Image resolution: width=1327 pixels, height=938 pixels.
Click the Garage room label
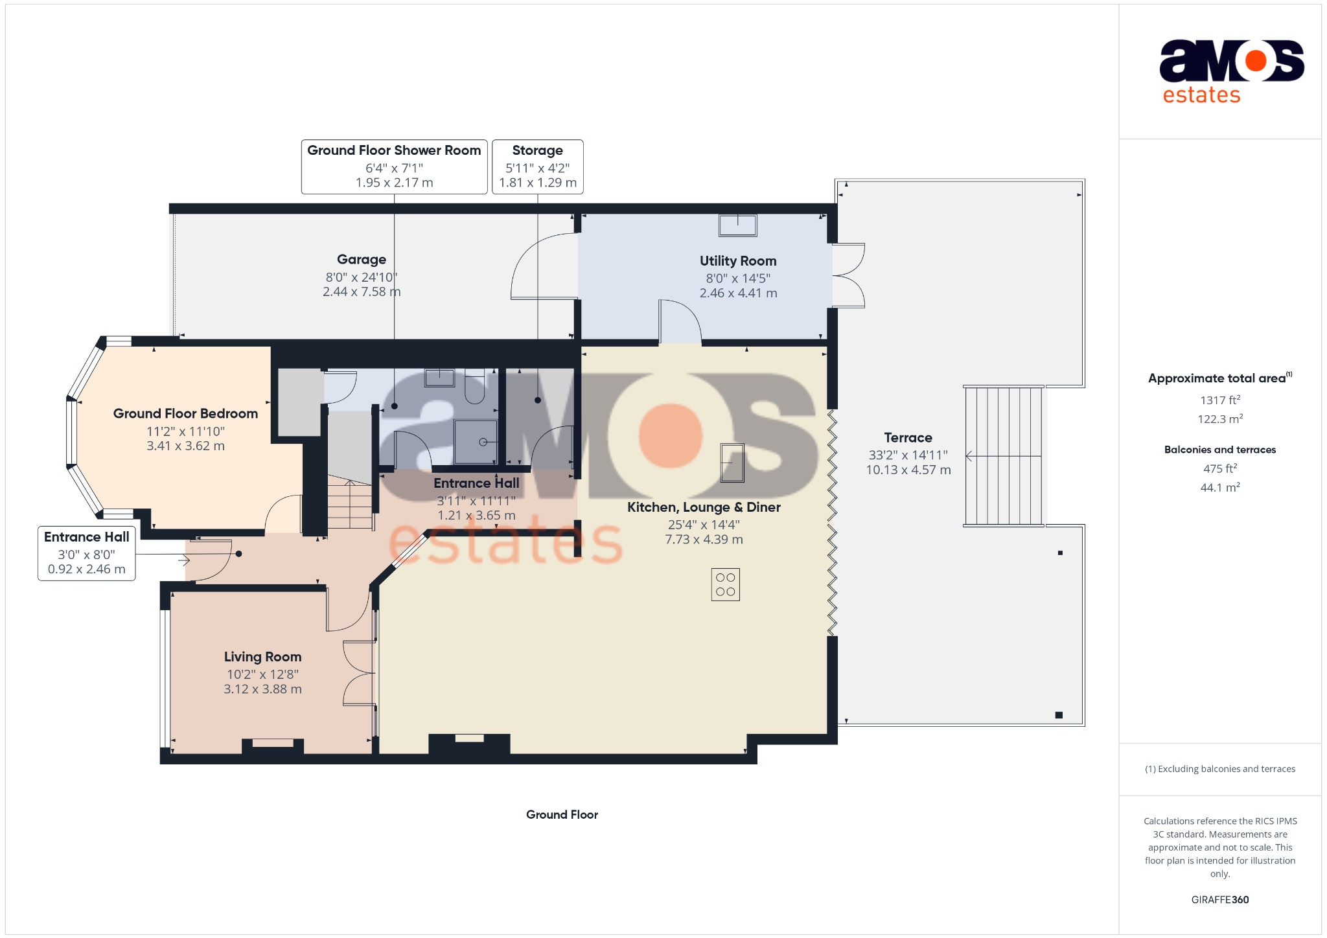click(x=362, y=260)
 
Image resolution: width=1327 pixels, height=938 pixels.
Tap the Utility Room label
click(x=737, y=261)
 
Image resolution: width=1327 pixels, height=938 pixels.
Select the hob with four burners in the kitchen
click(x=725, y=584)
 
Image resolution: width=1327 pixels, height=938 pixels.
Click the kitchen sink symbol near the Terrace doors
click(x=732, y=463)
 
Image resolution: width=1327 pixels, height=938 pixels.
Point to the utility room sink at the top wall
click(x=737, y=225)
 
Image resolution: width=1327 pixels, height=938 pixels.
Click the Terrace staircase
click(x=1003, y=456)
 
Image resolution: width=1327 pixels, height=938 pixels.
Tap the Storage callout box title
click(x=537, y=150)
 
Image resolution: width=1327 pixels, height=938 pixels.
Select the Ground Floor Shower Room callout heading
click(x=394, y=150)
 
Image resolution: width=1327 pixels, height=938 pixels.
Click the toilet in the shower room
click(x=474, y=387)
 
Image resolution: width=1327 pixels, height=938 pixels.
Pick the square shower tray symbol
click(x=476, y=442)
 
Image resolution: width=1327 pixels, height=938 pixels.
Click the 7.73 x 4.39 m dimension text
click(x=704, y=540)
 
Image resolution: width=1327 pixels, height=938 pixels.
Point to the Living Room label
click(x=262, y=657)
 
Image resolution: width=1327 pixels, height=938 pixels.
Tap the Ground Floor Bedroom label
click(x=185, y=413)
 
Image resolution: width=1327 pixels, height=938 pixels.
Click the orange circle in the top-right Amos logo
click(x=1255, y=61)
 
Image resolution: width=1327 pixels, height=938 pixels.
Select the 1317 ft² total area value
click(x=1219, y=400)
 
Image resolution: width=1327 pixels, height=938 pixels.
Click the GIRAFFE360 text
click(x=1219, y=900)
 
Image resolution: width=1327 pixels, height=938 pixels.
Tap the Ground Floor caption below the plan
click(x=562, y=815)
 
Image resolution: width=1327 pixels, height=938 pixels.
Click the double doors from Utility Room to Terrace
click(x=848, y=275)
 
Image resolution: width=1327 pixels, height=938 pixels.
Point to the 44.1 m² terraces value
click(x=1219, y=487)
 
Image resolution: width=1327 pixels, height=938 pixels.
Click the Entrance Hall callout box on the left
click(x=86, y=553)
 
